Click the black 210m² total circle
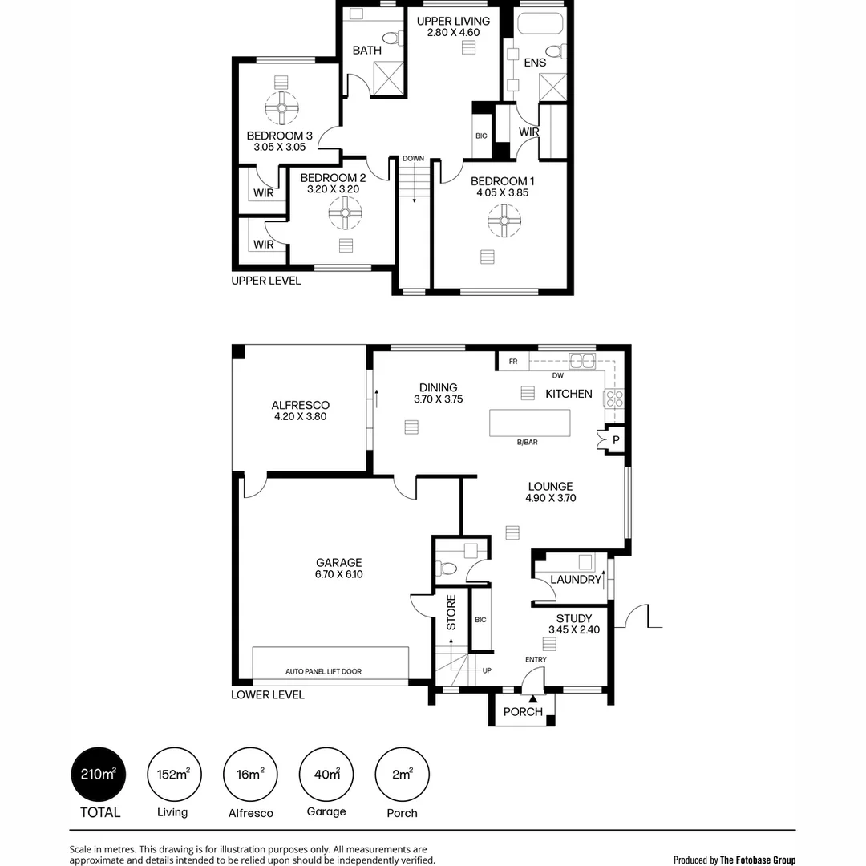pyautogui.click(x=99, y=774)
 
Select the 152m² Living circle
pyautogui.click(x=173, y=774)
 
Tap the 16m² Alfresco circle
pyautogui.click(x=249, y=774)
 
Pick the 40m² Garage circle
pyautogui.click(x=326, y=774)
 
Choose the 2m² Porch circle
pyautogui.click(x=402, y=774)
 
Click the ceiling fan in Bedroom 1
pyautogui.click(x=504, y=221)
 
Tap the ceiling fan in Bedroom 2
pyautogui.click(x=346, y=213)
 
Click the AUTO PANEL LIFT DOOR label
pyautogui.click(x=323, y=671)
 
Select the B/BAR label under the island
pyautogui.click(x=527, y=442)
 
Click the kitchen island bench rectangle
pyautogui.click(x=530, y=423)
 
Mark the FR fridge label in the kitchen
pyautogui.click(x=513, y=362)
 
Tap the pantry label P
pyautogui.click(x=616, y=440)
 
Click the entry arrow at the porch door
pyautogui.click(x=532, y=699)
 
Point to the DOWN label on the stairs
pyautogui.click(x=413, y=159)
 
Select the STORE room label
pyautogui.click(x=451, y=612)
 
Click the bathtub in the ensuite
pyautogui.click(x=541, y=22)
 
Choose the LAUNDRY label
pyautogui.click(x=576, y=580)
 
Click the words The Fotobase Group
pyautogui.click(x=758, y=860)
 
